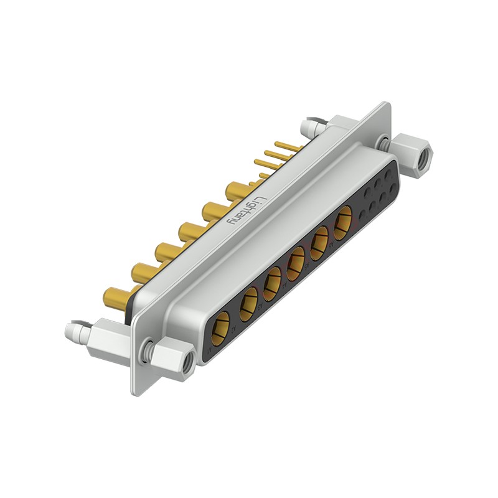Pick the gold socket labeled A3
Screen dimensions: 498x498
[x=272, y=284]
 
